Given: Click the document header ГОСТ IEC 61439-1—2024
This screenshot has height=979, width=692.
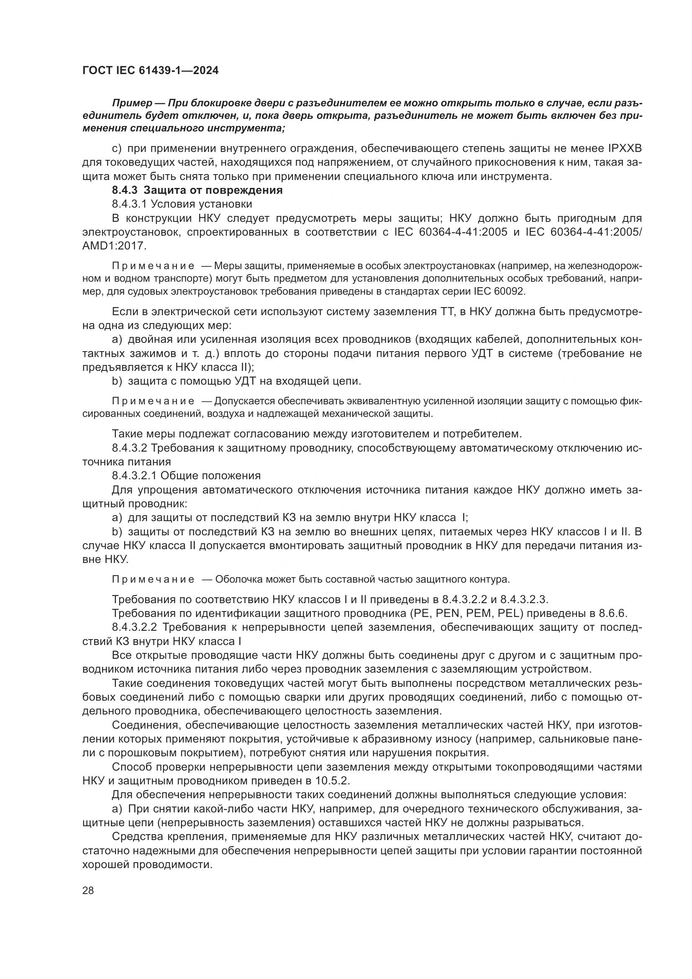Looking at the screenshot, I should point(150,71).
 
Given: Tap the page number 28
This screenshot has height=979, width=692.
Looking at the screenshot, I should point(88,890).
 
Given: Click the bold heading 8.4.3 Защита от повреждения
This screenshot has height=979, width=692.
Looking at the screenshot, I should point(197,190).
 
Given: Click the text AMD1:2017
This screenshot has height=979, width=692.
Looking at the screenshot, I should point(114,246).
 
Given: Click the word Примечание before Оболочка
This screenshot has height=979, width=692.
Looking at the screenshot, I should point(153,579).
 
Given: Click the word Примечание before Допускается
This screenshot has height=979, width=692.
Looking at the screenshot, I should point(153,401).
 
